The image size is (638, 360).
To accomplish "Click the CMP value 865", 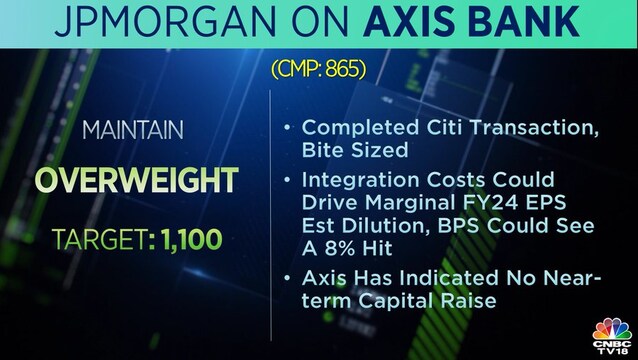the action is (x=345, y=70).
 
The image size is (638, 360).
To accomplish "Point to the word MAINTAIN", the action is (x=133, y=130).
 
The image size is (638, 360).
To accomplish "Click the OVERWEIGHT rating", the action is (x=136, y=180).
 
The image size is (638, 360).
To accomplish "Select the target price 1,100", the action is (x=192, y=239).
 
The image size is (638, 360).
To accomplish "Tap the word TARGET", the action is (x=99, y=239).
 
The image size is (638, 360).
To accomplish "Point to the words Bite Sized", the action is (x=355, y=150).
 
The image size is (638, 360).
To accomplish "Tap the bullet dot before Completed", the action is (x=287, y=128).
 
